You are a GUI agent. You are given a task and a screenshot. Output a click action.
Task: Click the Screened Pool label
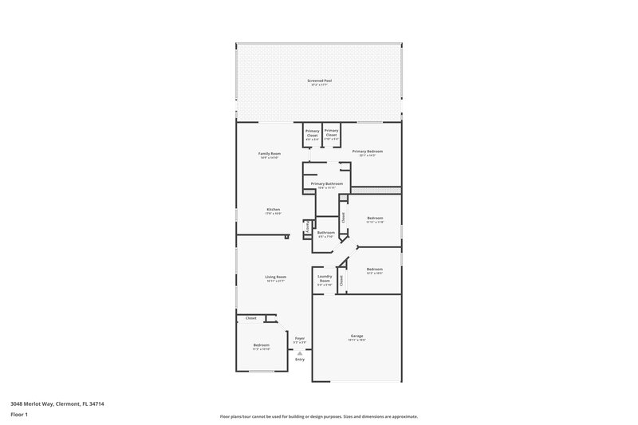pyautogui.click(x=319, y=81)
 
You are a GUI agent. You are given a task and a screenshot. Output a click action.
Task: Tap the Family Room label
pyautogui.click(x=270, y=153)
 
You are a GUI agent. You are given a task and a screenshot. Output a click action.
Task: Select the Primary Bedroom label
pyautogui.click(x=368, y=152)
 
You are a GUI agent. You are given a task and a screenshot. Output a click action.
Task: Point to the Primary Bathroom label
pyautogui.click(x=327, y=183)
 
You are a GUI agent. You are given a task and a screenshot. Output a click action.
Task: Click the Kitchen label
pyautogui.click(x=273, y=210)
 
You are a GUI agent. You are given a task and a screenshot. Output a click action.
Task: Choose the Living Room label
pyautogui.click(x=275, y=277)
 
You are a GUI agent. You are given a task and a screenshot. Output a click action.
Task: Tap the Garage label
pyautogui.click(x=356, y=336)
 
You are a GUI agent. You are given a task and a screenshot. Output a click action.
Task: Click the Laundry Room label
pyautogui.click(x=325, y=280)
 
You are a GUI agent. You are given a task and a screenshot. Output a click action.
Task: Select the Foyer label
pyautogui.click(x=300, y=338)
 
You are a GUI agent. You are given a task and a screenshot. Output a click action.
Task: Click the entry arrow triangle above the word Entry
pyautogui.click(x=300, y=352)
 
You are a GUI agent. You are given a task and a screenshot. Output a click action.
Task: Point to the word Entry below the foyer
pyautogui.click(x=300, y=360)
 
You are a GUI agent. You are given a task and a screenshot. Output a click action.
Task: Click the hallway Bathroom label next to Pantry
pyautogui.click(x=326, y=233)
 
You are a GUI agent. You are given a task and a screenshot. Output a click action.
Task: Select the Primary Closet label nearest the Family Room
pyautogui.click(x=312, y=132)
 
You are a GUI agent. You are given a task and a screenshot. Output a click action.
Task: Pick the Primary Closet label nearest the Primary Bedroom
pyautogui.click(x=332, y=132)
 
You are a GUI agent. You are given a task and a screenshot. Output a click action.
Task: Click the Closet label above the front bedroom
pyautogui.click(x=250, y=317)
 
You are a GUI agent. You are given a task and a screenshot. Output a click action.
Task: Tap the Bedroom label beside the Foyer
pyautogui.click(x=262, y=344)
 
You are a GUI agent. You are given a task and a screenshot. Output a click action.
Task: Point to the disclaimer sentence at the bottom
pyautogui.click(x=319, y=416)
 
